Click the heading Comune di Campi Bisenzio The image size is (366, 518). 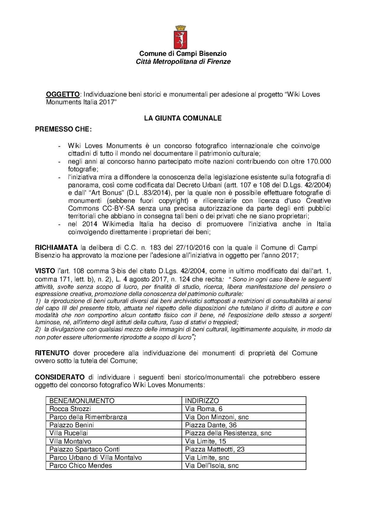click(183, 53)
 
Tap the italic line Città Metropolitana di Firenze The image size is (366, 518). click(183, 61)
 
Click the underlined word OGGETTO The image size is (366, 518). click(63, 94)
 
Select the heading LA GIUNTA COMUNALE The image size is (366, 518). click(183, 118)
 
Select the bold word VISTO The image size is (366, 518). click(45, 271)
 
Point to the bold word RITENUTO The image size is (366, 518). click(52, 353)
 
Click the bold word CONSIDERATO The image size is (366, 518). click(60, 377)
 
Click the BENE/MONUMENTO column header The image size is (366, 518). click(82, 401)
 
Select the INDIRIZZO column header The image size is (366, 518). click(202, 401)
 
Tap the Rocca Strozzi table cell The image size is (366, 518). click(70, 409)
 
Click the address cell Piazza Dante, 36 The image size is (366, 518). click(211, 425)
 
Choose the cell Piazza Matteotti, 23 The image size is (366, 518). click(215, 449)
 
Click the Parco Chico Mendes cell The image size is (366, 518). click(81, 465)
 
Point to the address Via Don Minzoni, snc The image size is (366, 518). click(217, 417)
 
